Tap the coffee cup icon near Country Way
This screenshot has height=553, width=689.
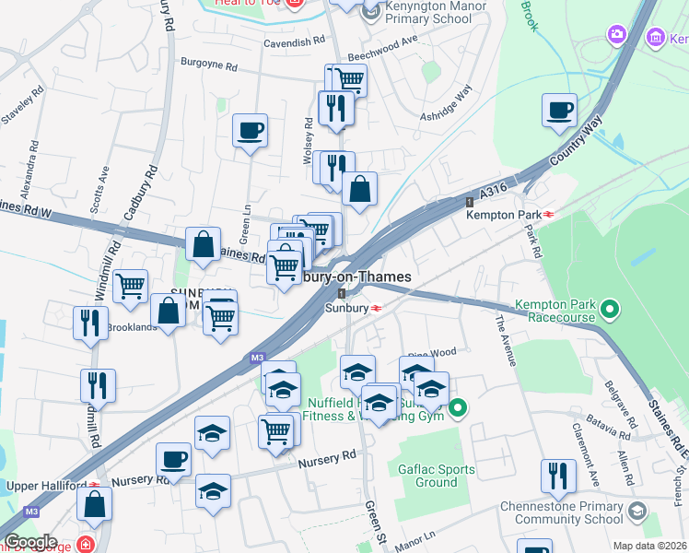point(559,112)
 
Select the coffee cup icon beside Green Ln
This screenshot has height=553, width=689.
point(250,131)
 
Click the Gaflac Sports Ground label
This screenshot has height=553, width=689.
point(437,476)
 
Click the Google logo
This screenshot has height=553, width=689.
point(30,541)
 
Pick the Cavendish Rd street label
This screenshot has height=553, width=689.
point(295,41)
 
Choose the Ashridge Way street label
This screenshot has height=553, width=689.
point(447,105)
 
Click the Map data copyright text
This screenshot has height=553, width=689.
point(648,546)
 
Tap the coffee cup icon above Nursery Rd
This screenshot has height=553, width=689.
point(173,459)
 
